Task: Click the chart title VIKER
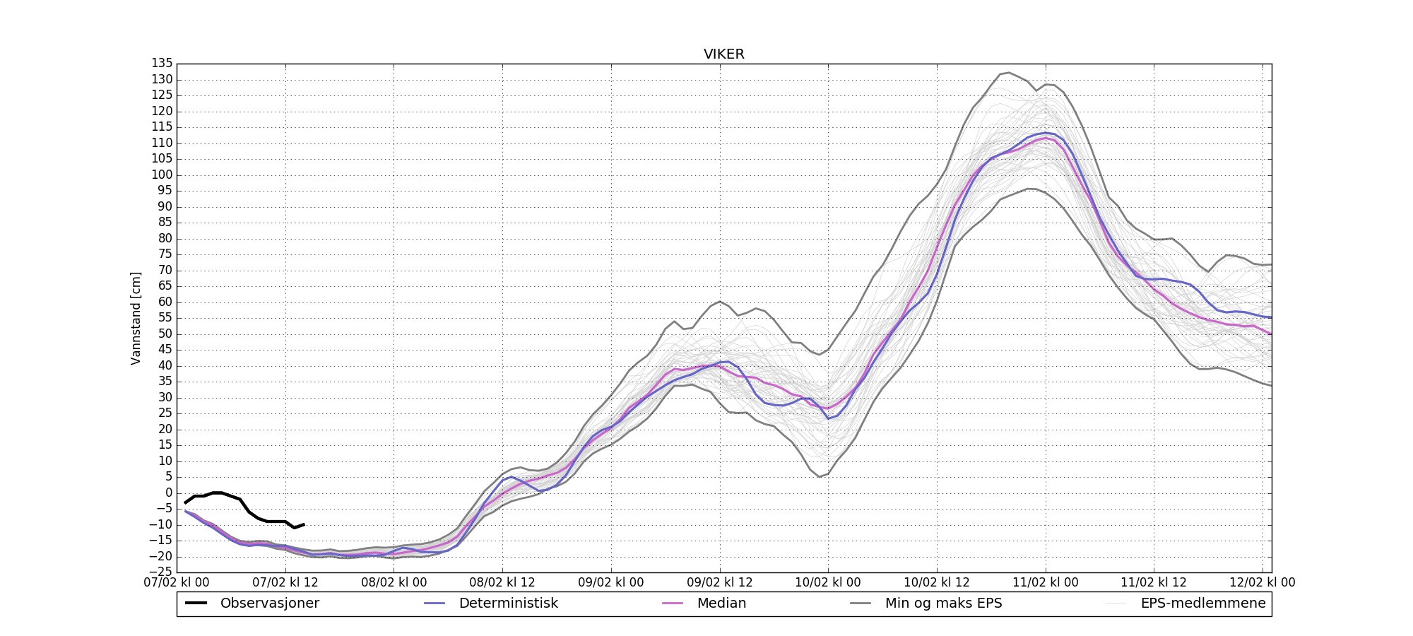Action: coord(723,54)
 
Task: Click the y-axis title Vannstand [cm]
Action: coord(136,318)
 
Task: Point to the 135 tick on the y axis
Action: coord(162,64)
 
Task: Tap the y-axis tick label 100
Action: coord(162,175)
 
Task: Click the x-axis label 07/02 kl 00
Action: coord(177,583)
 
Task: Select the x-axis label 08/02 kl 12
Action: coord(502,583)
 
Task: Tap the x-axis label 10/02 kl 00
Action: coord(828,583)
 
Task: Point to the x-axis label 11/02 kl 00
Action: coord(1046,583)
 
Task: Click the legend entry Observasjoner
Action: coord(269,603)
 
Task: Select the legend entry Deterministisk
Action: coord(508,603)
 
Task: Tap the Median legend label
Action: coord(721,603)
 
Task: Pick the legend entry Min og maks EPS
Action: coord(943,603)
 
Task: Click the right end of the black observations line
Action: coord(304,524)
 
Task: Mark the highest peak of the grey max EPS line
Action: coord(1009,73)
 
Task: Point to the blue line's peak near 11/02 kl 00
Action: coord(1046,132)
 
